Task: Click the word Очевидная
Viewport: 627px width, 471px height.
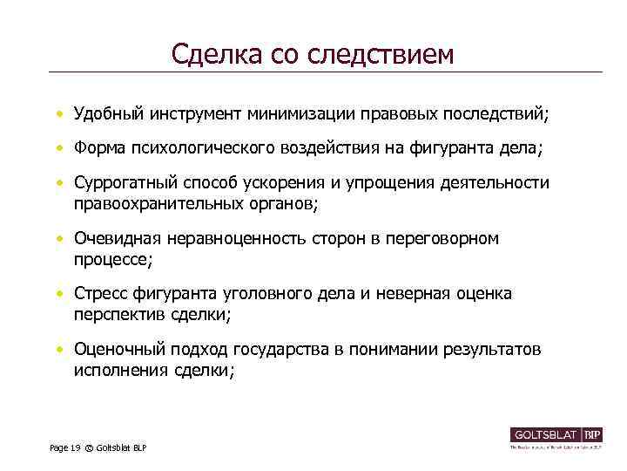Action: (x=114, y=238)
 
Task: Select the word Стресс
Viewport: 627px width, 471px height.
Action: (x=100, y=294)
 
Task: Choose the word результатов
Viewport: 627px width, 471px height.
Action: (x=492, y=350)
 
